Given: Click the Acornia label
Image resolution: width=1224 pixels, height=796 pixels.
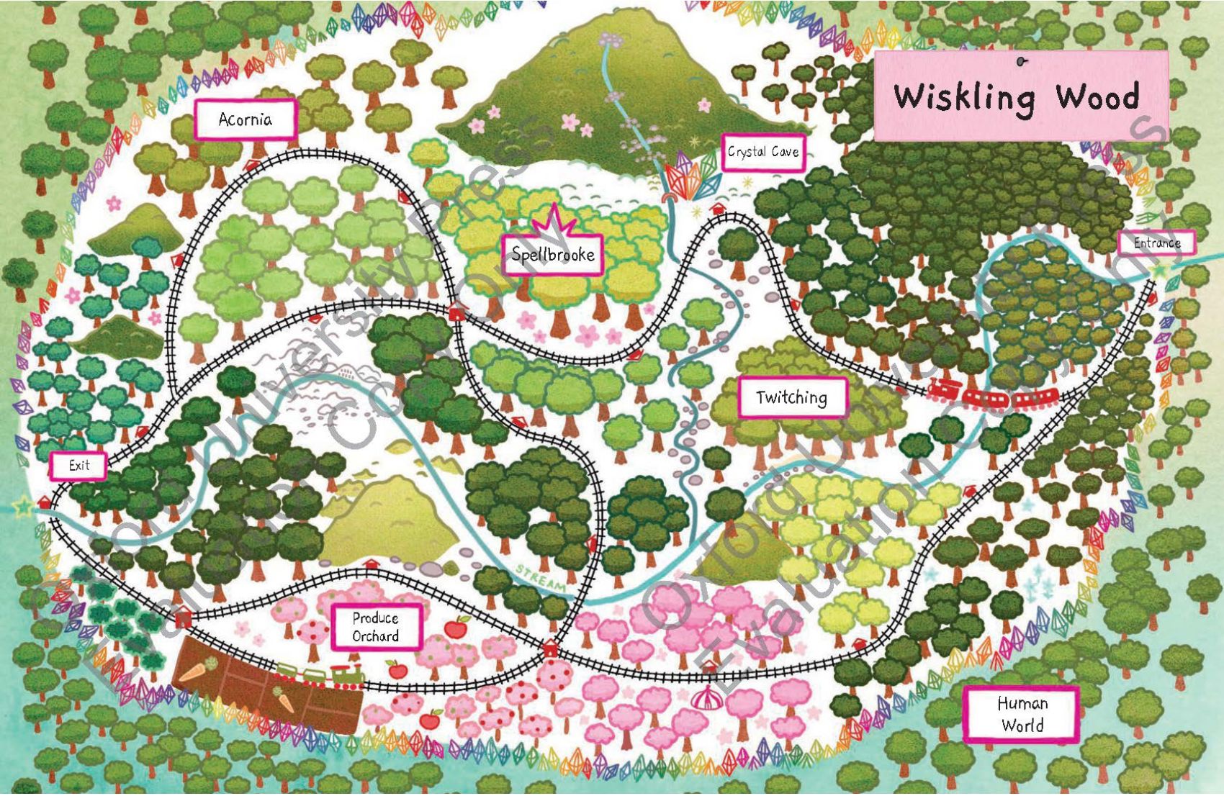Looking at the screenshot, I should pyautogui.click(x=246, y=119).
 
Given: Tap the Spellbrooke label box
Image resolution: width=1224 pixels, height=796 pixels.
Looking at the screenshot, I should pyautogui.click(x=552, y=254).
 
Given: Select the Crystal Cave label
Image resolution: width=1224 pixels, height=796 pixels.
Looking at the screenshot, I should pyautogui.click(x=762, y=152).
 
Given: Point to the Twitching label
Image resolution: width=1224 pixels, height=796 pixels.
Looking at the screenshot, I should pyautogui.click(x=792, y=397).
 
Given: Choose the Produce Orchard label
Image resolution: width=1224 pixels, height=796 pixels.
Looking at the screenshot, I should pyautogui.click(x=375, y=627).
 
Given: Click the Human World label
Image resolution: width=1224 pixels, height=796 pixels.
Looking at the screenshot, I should pyautogui.click(x=1022, y=714).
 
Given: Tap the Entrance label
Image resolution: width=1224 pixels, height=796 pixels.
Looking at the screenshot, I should pyautogui.click(x=1157, y=243).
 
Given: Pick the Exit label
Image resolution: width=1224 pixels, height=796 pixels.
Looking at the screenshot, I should pyautogui.click(x=79, y=466).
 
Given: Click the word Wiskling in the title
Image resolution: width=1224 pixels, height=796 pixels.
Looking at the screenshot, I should pyautogui.click(x=965, y=97).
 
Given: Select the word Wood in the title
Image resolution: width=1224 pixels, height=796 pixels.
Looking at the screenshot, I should pyautogui.click(x=1098, y=96).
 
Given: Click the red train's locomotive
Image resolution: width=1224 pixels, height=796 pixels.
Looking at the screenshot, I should pyautogui.click(x=944, y=389).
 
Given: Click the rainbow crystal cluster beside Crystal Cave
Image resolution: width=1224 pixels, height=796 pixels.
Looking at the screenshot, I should pyautogui.click(x=687, y=177).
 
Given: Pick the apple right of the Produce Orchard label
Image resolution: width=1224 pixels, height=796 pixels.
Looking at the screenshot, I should pyautogui.click(x=455, y=628).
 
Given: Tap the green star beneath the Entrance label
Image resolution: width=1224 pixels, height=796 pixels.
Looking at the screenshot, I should pyautogui.click(x=1160, y=270).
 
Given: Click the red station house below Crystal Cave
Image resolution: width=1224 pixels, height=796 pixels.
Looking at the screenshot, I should pyautogui.click(x=718, y=207).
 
